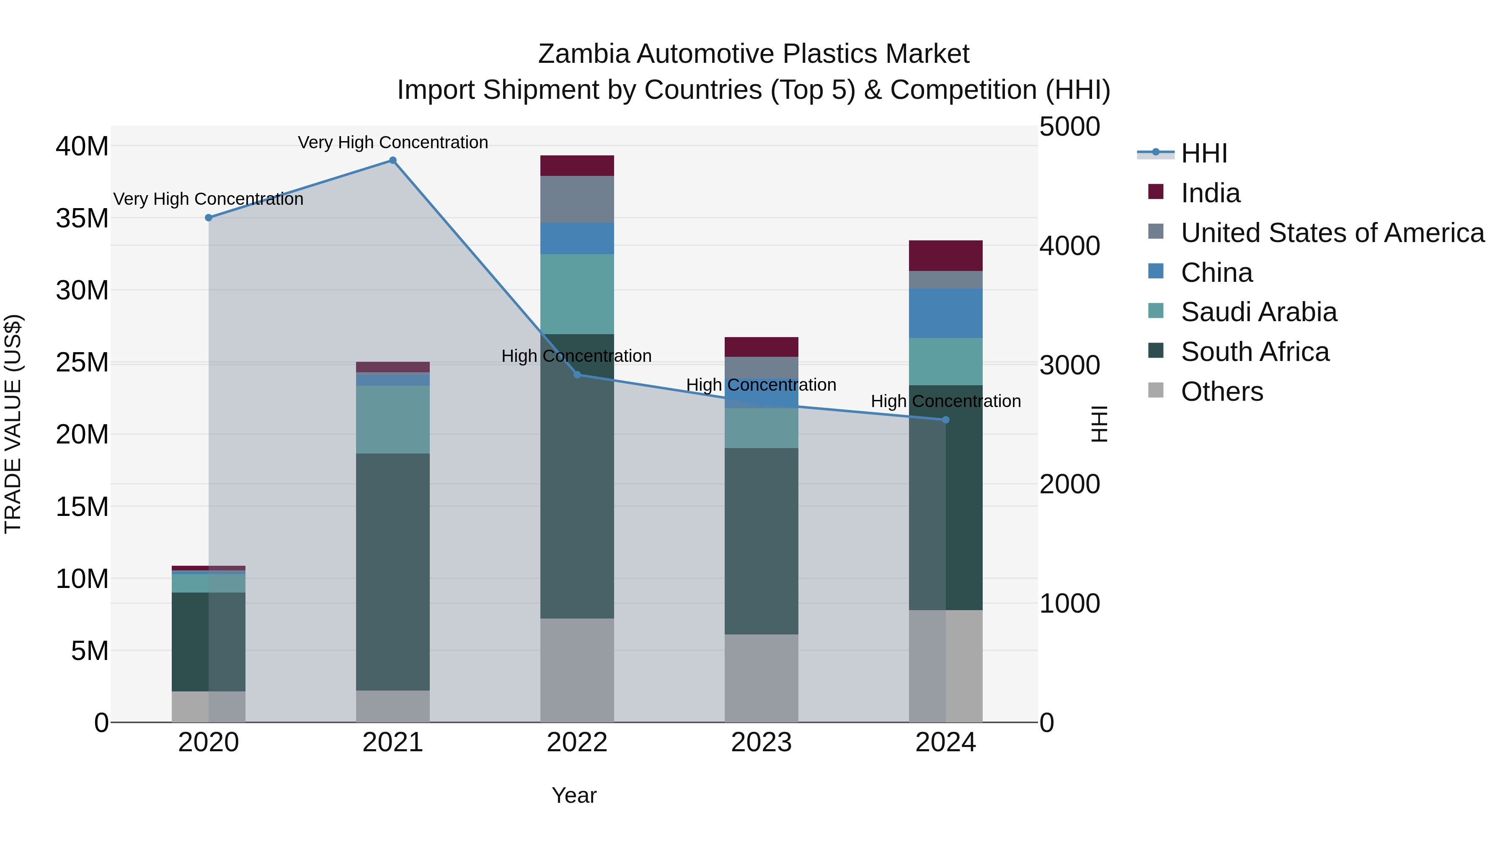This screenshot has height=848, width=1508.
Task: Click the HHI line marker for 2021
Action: [393, 160]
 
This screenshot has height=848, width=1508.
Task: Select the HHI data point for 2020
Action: [209, 218]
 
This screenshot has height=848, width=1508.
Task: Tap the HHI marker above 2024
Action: [945, 420]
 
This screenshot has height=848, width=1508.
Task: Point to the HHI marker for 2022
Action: [577, 374]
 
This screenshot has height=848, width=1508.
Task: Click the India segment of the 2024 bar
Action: [945, 256]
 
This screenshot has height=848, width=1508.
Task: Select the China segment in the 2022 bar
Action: [577, 238]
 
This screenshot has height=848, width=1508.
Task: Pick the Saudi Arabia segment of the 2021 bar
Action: [393, 419]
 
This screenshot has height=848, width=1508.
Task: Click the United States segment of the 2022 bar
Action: [577, 199]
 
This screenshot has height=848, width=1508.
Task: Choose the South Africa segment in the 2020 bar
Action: [209, 642]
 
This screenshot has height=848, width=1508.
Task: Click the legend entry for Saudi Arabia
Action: [1259, 312]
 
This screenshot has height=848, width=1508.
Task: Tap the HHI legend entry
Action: [1203, 153]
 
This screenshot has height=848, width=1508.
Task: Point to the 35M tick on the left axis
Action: [82, 218]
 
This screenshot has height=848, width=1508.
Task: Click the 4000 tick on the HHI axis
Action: [1069, 246]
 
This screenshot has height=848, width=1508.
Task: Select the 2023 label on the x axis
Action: [761, 742]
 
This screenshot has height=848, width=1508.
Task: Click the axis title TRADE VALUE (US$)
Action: [13, 424]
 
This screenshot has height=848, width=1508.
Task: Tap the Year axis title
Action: [574, 795]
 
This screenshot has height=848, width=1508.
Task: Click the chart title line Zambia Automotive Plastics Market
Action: [754, 54]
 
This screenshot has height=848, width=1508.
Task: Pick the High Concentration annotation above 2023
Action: [761, 385]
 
